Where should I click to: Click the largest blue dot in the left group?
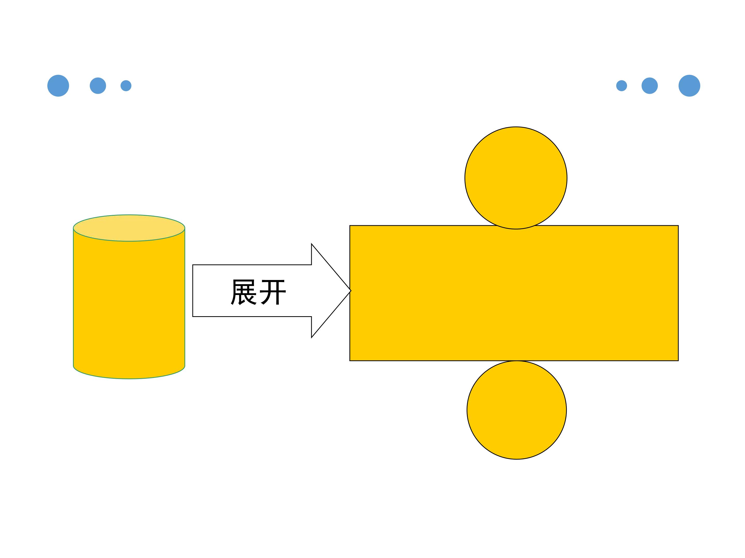pos(58,86)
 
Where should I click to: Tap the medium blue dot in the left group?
pos(98,86)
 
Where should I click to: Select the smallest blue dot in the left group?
pos(126,86)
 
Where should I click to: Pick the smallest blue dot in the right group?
pos(622,86)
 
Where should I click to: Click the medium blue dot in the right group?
pos(650,86)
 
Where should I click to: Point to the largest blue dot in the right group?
pos(689,86)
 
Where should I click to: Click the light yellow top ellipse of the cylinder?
pos(129,228)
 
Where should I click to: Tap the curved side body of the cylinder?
pos(129,303)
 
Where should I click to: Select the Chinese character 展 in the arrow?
pos(243,292)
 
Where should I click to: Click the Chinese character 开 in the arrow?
pos(273,292)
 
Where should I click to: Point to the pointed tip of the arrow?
pos(351,291)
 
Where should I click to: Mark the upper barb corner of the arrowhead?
pos(311,244)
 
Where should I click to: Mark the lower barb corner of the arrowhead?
pos(311,338)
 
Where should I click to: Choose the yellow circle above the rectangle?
pos(516,178)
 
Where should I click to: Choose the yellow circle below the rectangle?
pos(517,410)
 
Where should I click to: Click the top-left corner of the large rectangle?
pos(350,226)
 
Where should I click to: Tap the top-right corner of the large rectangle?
pos(678,226)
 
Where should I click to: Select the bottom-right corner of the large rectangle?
pos(678,361)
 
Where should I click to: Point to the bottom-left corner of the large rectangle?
pos(350,361)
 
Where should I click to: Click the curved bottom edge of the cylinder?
pos(129,379)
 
